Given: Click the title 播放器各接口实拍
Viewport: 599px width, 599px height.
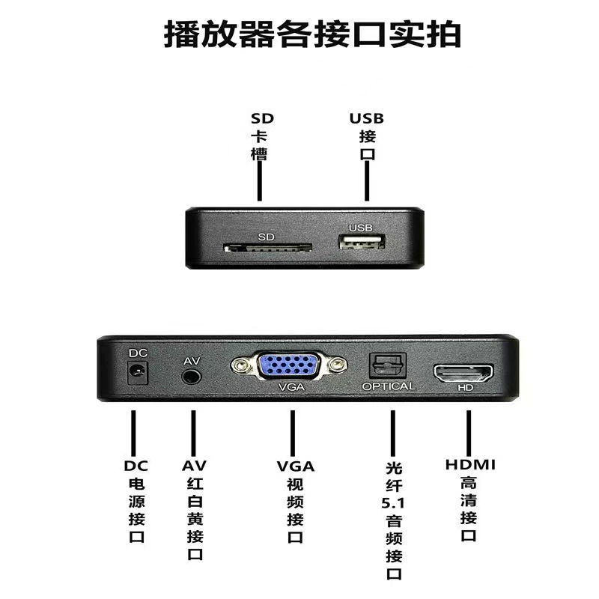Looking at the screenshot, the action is [x=312, y=34].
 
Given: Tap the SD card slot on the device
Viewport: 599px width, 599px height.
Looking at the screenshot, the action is [x=268, y=248].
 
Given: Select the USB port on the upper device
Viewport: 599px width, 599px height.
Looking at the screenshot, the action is [x=362, y=241].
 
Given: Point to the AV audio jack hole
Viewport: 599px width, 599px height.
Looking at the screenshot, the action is [x=192, y=377].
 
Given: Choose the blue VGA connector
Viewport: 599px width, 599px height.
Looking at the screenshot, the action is [x=289, y=365].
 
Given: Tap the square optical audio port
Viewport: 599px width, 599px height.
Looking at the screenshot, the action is [x=387, y=365].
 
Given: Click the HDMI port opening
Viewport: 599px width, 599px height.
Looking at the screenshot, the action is [x=463, y=373].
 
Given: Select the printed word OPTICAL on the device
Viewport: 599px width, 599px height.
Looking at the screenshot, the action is [x=389, y=386].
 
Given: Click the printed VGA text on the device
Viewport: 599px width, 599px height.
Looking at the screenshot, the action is [x=291, y=387].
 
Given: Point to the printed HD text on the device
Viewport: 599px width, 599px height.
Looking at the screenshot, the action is [x=466, y=388].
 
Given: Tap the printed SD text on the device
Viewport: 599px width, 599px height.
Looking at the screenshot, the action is [x=266, y=237].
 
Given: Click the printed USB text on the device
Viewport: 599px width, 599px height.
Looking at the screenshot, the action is [x=360, y=228].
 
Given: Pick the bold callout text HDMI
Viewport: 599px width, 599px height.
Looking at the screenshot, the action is [x=470, y=465].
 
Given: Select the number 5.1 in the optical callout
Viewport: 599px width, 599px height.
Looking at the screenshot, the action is [x=393, y=503].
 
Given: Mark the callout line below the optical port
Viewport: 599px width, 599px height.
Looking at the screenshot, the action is [x=392, y=434].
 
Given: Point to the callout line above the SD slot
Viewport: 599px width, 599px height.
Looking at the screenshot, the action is [x=260, y=180].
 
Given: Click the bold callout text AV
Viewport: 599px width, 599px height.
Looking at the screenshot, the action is [x=194, y=466].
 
